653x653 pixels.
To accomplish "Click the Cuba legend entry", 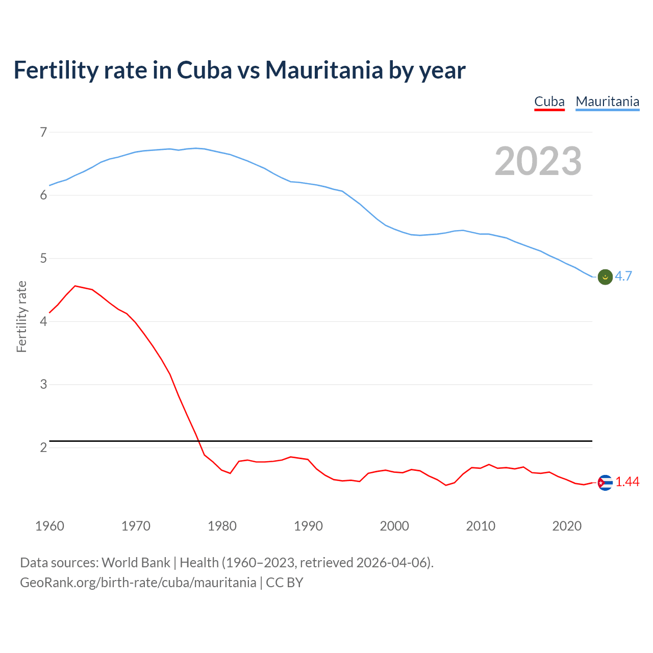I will coord(549,102).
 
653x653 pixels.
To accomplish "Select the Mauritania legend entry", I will coord(607,102).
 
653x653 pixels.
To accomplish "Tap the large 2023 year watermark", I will coord(538,161).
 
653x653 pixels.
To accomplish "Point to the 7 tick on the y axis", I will coord(43,133).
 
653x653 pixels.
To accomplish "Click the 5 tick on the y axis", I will coord(43,259).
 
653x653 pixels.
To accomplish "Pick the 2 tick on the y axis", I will coord(43,447).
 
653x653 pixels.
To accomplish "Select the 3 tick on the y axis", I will coord(43,385).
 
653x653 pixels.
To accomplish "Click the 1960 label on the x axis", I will coord(49,526).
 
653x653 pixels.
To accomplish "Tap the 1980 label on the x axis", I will coord(222,526).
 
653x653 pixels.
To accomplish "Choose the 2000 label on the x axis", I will coord(394,526).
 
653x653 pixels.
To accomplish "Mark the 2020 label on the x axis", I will coord(567,526).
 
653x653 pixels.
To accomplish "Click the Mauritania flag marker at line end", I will coord(605,277).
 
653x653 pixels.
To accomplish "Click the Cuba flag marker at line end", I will coord(605,483).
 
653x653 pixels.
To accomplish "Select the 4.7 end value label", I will coord(623,276).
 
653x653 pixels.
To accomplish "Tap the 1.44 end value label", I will coord(627,482).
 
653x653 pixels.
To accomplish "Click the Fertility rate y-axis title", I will coord(21,316).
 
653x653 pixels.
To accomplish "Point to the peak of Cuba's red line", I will coord(76,286).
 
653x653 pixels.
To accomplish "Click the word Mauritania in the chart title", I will coord(324,70).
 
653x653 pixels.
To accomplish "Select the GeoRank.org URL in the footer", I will coord(138,583).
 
